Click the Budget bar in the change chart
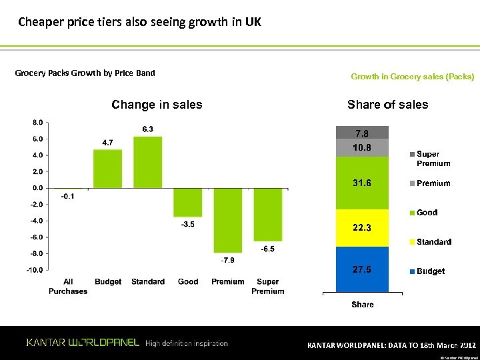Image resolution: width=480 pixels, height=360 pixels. click(x=107, y=169)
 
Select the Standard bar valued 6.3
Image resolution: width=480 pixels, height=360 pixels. click(x=147, y=162)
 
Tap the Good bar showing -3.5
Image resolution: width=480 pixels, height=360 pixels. click(x=187, y=202)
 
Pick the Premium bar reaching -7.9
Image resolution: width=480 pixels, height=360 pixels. click(x=227, y=220)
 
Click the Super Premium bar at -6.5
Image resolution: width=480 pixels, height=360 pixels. click(x=267, y=214)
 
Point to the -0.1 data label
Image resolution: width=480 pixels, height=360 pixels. click(x=67, y=197)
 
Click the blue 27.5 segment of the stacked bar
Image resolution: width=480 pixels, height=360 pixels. click(x=363, y=269)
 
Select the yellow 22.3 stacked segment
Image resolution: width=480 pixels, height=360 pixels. click(x=363, y=228)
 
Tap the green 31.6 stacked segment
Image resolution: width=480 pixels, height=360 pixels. click(x=363, y=183)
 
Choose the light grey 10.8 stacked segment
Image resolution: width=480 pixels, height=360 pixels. click(x=363, y=147)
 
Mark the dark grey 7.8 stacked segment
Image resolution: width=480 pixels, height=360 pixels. click(x=363, y=132)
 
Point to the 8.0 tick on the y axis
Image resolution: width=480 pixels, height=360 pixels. click(x=37, y=123)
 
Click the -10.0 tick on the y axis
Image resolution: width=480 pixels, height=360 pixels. click(x=35, y=270)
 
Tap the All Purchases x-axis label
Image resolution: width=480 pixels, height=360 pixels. click(x=67, y=286)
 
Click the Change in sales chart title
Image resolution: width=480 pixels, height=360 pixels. click(x=157, y=105)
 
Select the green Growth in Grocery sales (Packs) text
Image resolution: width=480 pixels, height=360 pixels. click(x=412, y=77)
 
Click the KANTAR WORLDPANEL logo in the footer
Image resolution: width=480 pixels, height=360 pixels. click(x=83, y=343)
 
